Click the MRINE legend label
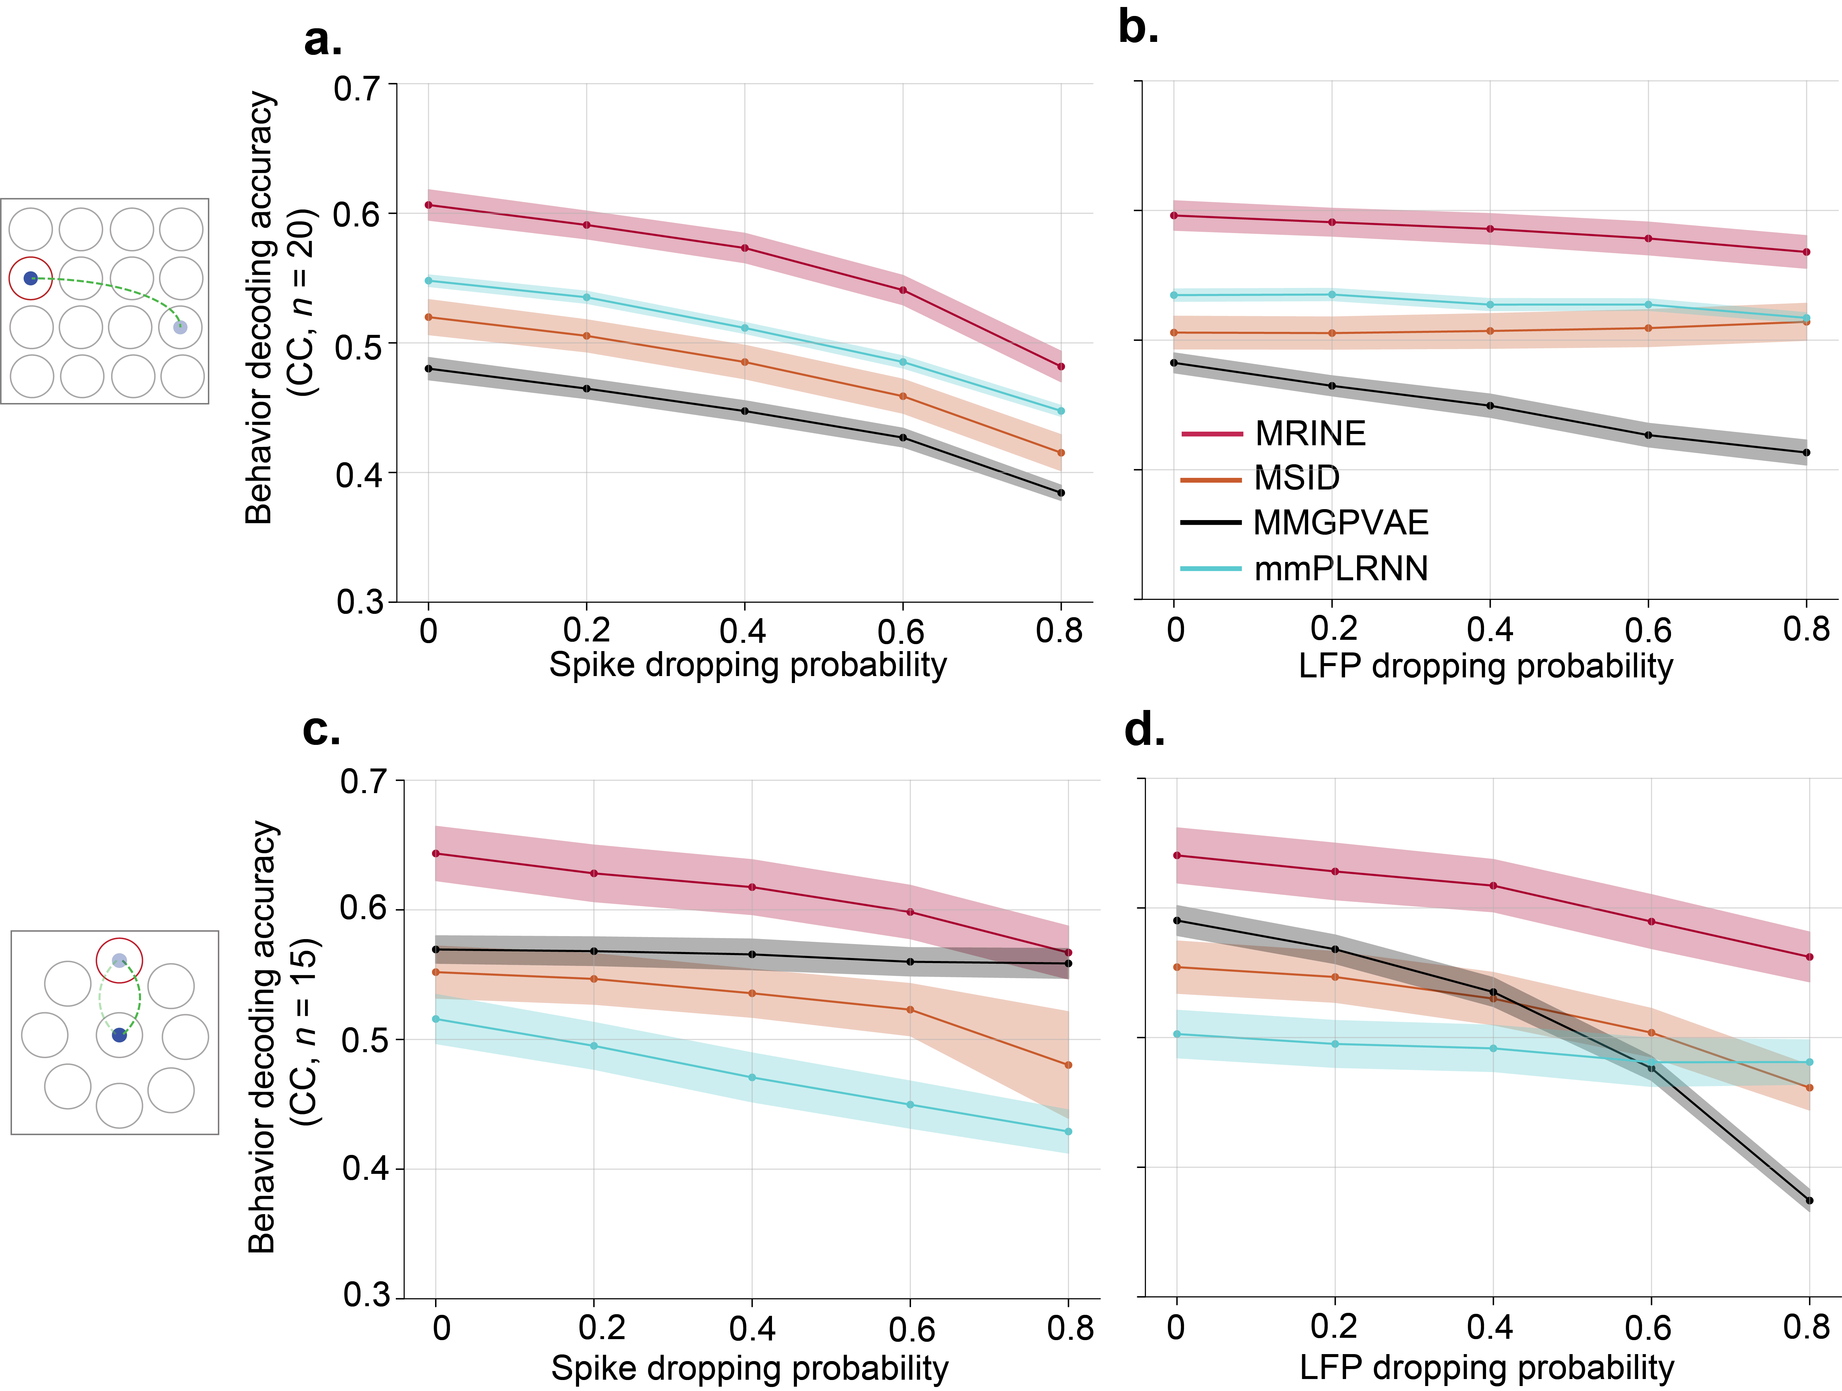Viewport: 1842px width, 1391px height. point(1310,434)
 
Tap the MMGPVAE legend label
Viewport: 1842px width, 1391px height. point(1341,523)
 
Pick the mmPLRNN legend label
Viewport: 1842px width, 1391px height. point(1341,569)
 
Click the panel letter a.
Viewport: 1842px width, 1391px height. point(322,40)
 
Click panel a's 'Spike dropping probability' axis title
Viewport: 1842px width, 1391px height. point(747,665)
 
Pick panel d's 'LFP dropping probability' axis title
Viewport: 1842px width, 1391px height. point(1486,1368)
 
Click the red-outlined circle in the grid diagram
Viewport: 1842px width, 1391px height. point(31,278)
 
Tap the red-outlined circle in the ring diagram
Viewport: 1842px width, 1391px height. point(119,961)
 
